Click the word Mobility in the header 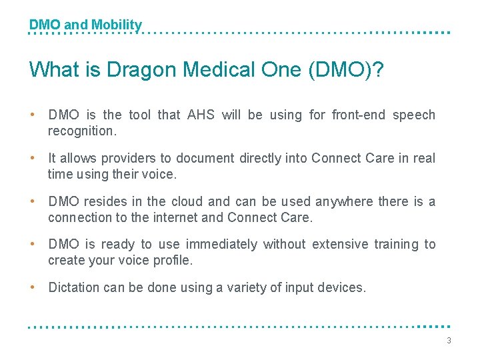tap(117, 25)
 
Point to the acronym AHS tap(201, 115)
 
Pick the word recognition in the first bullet tap(81, 131)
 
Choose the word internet tap(179, 217)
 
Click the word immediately tap(221, 245)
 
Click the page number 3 tap(449, 341)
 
